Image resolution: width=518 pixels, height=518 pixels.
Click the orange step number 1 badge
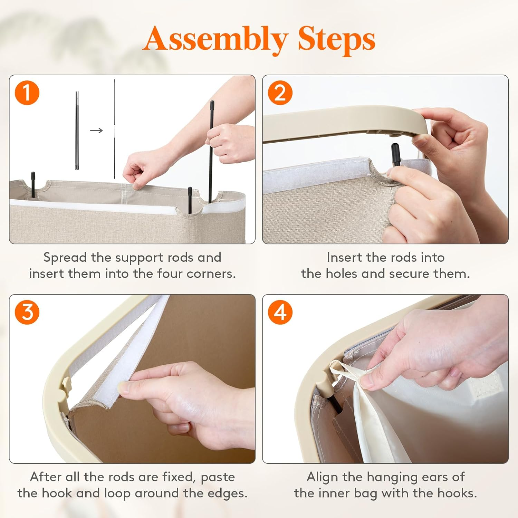[27, 93]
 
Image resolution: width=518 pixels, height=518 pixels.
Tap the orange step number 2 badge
[280, 93]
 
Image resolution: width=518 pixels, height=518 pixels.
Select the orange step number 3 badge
[27, 313]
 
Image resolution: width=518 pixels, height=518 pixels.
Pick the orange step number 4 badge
[280, 313]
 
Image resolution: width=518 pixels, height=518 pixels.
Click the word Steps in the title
[337, 39]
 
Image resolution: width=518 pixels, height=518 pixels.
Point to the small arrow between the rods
[96, 130]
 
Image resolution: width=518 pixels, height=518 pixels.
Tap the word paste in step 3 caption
[218, 478]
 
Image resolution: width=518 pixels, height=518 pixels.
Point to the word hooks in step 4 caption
[457, 493]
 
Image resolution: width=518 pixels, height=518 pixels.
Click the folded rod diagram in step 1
[77, 131]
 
